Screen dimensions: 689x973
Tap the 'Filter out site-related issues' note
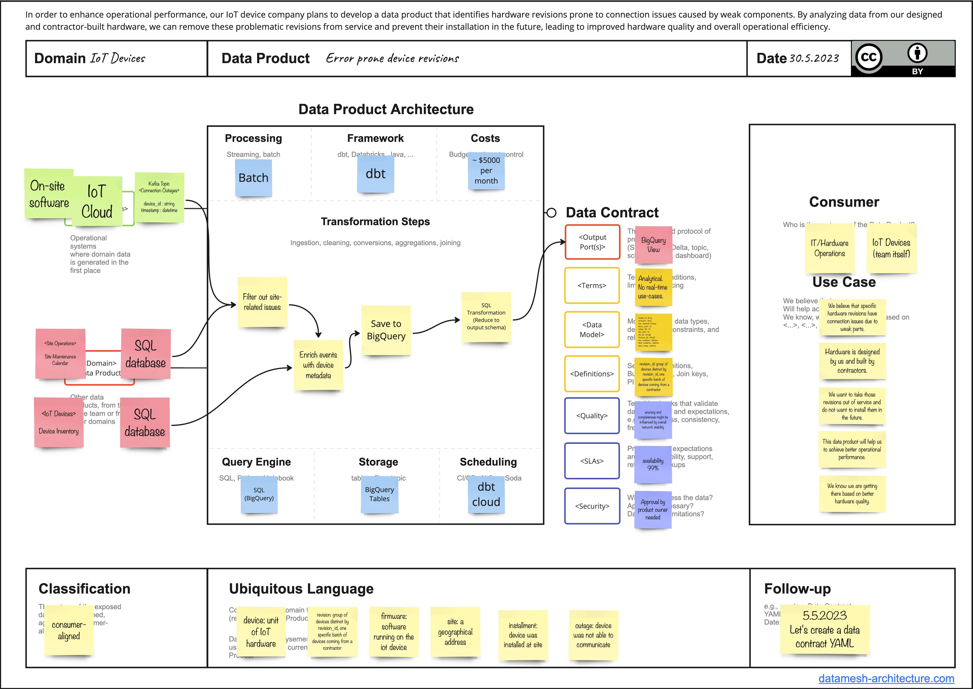[262, 302]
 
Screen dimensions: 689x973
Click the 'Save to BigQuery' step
[386, 330]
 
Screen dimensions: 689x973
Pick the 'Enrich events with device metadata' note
[318, 365]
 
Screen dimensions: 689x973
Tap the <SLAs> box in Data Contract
[592, 461]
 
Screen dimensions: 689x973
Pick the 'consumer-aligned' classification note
[69, 630]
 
